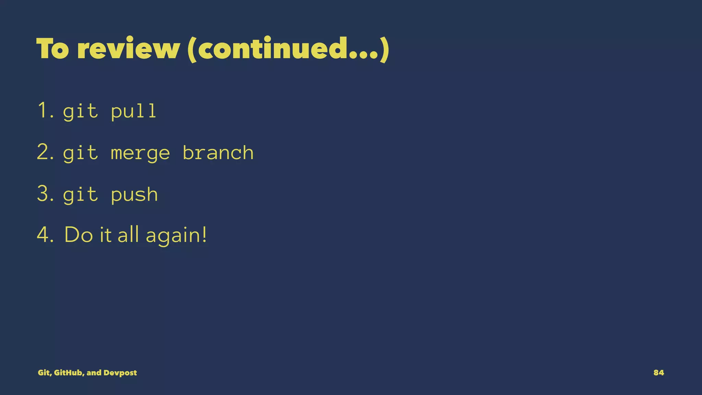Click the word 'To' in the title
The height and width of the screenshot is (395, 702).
(x=52, y=48)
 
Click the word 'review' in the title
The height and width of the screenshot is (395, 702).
(x=129, y=48)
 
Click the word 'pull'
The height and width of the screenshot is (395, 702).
(x=134, y=111)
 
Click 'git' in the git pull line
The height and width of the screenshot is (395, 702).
(x=81, y=111)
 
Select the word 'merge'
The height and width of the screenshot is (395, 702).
(x=140, y=153)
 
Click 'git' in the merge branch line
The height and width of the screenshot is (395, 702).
(x=81, y=153)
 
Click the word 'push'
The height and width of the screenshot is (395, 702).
(x=134, y=195)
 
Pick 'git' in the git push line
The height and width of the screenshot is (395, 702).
(x=81, y=195)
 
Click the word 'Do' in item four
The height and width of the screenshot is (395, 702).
(x=78, y=235)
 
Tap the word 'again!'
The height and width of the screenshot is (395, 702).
(x=176, y=236)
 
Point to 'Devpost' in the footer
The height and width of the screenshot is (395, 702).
(x=120, y=373)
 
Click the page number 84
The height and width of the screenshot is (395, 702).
(x=658, y=373)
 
